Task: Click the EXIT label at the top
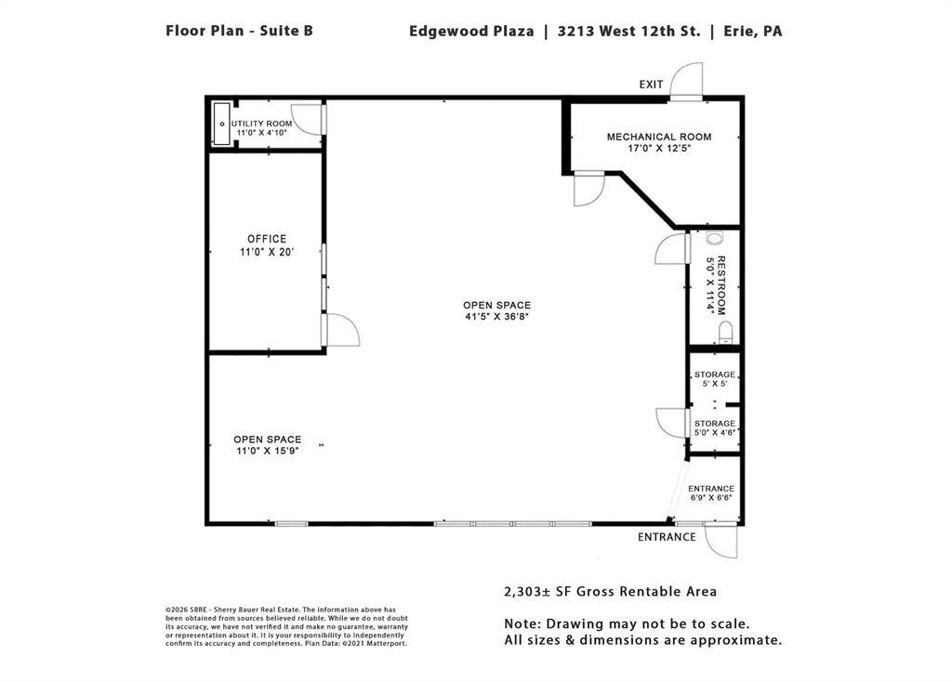(651, 85)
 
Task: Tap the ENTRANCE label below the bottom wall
(667, 537)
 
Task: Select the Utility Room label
(261, 124)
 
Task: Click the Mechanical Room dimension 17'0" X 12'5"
(659, 148)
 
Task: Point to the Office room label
(267, 239)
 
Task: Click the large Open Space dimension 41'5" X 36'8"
(497, 316)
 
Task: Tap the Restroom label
(721, 285)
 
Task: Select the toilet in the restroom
(725, 333)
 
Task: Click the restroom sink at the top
(714, 238)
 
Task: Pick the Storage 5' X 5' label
(715, 379)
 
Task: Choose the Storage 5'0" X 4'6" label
(715, 427)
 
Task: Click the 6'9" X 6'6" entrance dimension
(711, 498)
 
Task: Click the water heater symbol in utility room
(221, 125)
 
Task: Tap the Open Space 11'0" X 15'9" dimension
(267, 451)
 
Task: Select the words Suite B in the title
(286, 31)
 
